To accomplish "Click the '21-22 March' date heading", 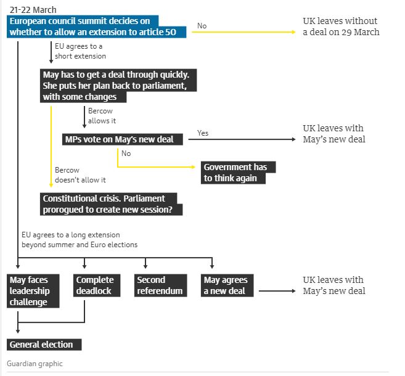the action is (x=33, y=10).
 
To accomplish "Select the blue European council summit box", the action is (x=96, y=27).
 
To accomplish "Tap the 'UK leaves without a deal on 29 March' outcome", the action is (x=341, y=27).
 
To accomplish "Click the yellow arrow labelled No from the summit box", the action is (x=243, y=32).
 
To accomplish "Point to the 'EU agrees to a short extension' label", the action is (x=80, y=51).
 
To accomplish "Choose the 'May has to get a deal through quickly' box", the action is (x=118, y=86).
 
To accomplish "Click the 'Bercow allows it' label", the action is (x=102, y=116).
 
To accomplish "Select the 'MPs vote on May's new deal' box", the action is (x=123, y=139).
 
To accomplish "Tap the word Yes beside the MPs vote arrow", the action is (x=203, y=133).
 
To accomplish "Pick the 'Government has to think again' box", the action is (x=238, y=173).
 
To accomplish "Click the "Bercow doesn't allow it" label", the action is (x=80, y=175).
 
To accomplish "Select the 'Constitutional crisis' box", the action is (x=111, y=204).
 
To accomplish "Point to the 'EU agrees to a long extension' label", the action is (x=80, y=240).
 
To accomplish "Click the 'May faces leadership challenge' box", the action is (x=33, y=291).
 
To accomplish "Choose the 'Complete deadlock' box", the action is (x=97, y=285).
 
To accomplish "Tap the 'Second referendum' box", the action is (x=161, y=285).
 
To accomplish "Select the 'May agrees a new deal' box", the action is (x=227, y=285).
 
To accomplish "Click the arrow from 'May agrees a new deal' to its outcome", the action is (x=277, y=291).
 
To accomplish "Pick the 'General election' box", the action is (x=44, y=345).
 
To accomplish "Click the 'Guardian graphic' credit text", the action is (x=35, y=364).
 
